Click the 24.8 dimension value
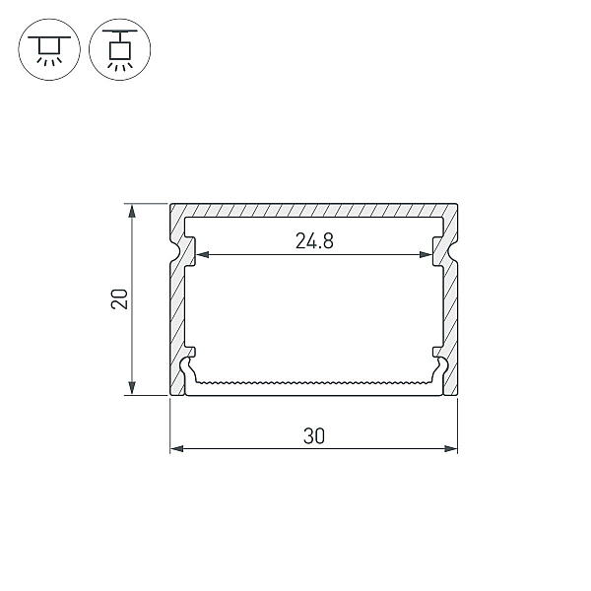tap(314, 241)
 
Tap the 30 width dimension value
tap(313, 436)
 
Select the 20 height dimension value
tap(119, 299)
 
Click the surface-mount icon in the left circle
tap(49, 49)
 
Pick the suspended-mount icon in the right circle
tap(120, 49)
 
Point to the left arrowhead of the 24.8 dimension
tap(202, 255)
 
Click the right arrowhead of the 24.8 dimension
tap(426, 255)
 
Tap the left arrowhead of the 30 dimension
tap(176, 448)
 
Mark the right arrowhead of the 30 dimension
tap(451, 448)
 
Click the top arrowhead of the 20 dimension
tap(132, 211)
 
